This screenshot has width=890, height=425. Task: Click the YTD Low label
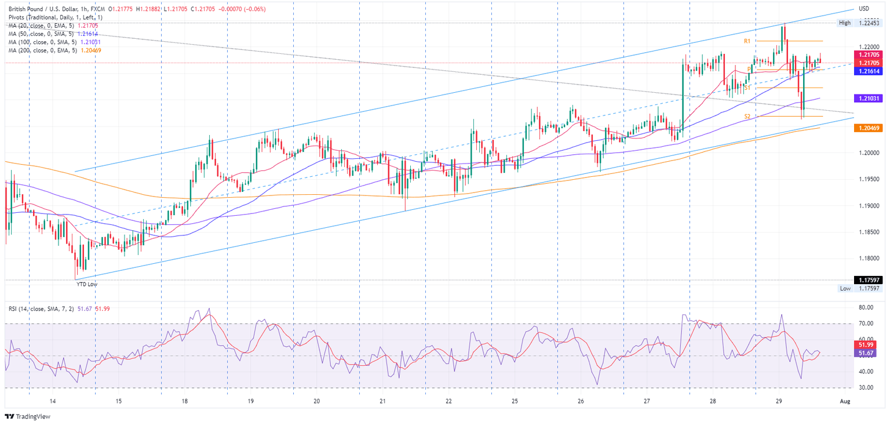(x=86, y=284)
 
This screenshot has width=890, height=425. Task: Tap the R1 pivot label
(x=747, y=42)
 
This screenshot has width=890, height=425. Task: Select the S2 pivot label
(x=747, y=117)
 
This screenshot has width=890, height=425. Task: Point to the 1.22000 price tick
(x=868, y=47)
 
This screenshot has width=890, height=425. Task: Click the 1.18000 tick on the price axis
(x=868, y=258)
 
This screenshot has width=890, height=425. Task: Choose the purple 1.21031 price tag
(x=868, y=99)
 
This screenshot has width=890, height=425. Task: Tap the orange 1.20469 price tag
(x=868, y=128)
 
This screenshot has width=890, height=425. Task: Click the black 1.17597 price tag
(x=868, y=280)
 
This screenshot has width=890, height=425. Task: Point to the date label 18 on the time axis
(x=184, y=401)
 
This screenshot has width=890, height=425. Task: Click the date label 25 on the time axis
(x=515, y=401)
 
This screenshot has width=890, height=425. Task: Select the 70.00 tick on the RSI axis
(x=866, y=323)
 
